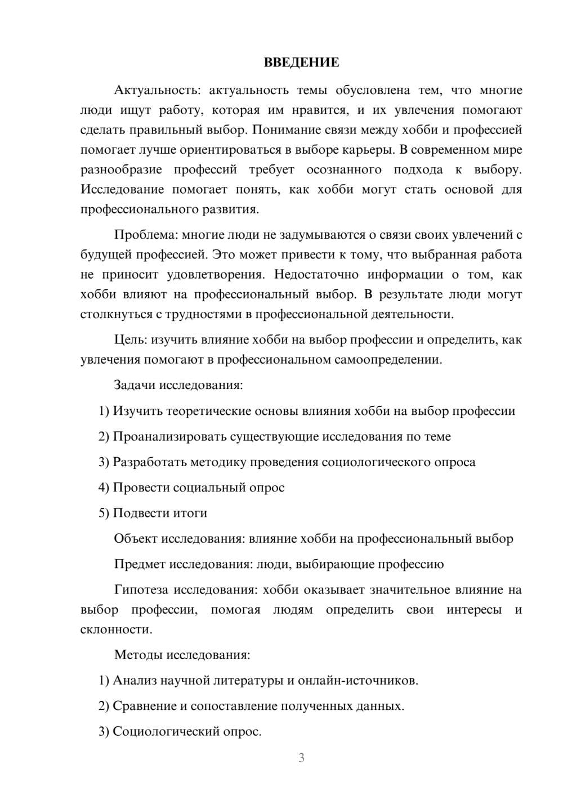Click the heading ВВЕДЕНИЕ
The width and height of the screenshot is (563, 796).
click(x=301, y=62)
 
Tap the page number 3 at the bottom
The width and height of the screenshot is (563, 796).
click(x=301, y=758)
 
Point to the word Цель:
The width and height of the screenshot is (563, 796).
click(x=131, y=339)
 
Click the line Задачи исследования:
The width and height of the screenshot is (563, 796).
click(x=178, y=385)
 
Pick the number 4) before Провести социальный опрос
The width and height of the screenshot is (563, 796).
click(x=104, y=488)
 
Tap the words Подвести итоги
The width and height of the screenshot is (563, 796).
click(x=160, y=513)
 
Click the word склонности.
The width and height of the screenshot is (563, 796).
click(x=116, y=629)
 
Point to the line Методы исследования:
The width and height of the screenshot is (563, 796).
click(x=182, y=655)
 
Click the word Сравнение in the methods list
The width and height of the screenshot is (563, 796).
click(x=145, y=706)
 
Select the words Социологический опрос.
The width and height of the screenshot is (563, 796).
click(x=187, y=732)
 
